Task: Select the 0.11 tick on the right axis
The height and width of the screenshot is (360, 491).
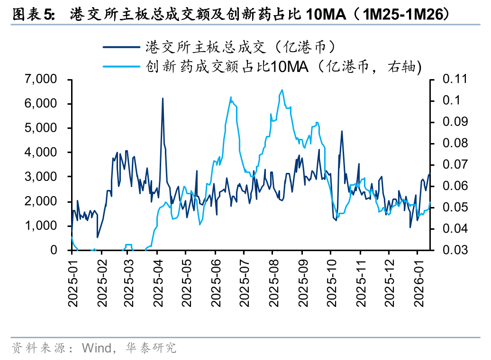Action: (454, 79)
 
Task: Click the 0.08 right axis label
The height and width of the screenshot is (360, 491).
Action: (454, 143)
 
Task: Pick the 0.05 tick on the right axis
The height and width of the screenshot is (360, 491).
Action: (454, 207)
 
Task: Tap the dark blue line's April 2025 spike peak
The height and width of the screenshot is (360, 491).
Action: (163, 99)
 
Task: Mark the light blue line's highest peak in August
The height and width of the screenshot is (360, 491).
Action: (282, 90)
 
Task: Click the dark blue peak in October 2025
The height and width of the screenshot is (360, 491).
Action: (342, 131)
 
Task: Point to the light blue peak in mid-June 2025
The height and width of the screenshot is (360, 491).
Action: (231, 98)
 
